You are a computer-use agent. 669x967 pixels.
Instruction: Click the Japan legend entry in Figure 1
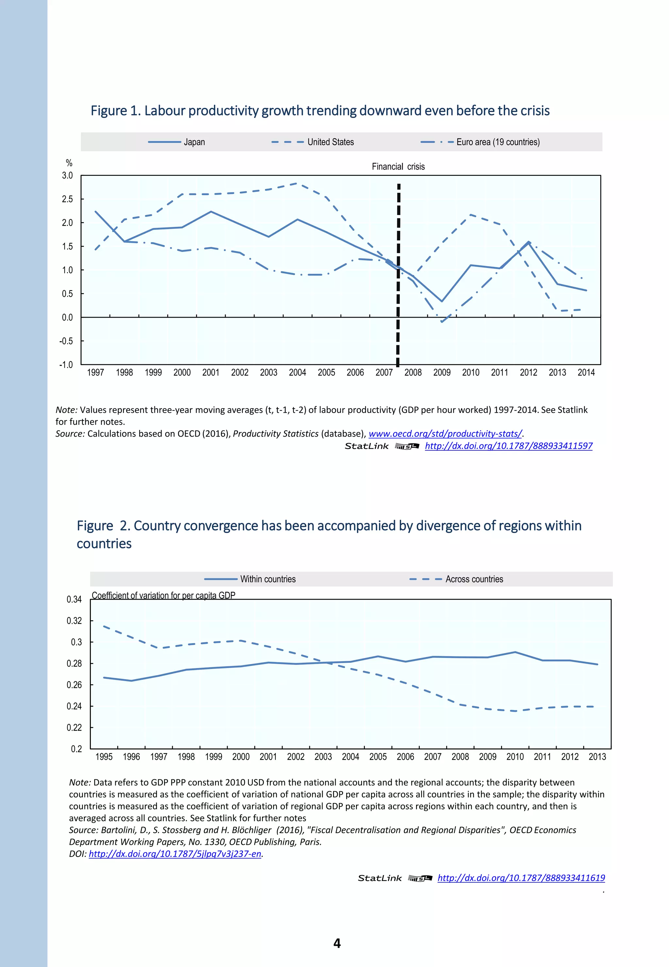(x=194, y=142)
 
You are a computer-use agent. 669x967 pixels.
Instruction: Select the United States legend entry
(x=330, y=142)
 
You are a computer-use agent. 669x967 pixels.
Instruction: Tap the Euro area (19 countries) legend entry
(x=498, y=142)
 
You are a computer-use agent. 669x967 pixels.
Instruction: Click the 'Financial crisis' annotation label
(x=398, y=166)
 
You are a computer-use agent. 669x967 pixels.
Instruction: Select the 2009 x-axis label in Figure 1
(x=442, y=372)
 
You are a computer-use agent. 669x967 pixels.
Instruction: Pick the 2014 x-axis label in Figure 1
(x=586, y=372)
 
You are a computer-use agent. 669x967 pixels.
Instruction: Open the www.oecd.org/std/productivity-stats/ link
(x=445, y=434)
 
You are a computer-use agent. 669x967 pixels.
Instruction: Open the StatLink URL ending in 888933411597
(x=509, y=446)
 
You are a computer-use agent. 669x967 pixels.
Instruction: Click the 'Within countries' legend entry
(x=268, y=579)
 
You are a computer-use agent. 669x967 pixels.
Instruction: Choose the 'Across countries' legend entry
(x=474, y=579)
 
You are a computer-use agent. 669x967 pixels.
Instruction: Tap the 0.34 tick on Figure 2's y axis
(x=74, y=599)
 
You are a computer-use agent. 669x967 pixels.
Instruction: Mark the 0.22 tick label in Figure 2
(x=74, y=727)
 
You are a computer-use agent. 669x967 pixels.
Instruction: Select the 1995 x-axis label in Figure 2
(x=104, y=757)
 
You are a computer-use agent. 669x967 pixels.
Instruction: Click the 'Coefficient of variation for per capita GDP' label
(x=163, y=595)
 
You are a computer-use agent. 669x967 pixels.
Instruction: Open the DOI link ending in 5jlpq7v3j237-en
(x=175, y=854)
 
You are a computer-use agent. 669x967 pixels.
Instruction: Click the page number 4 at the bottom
(x=337, y=943)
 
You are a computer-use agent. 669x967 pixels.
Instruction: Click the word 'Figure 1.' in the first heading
(x=115, y=111)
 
